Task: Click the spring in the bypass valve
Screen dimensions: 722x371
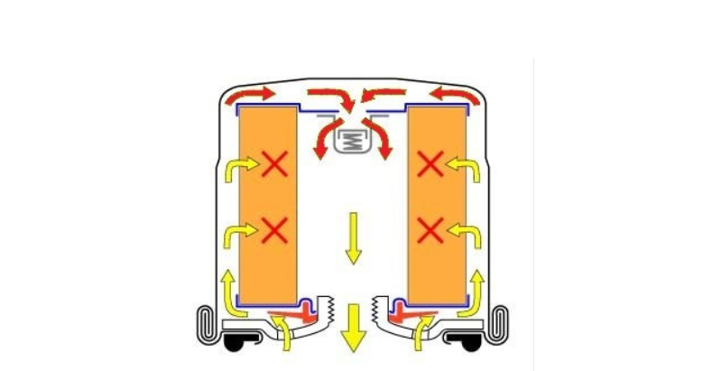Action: (x=354, y=141)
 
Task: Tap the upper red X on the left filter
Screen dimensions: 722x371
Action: (x=273, y=164)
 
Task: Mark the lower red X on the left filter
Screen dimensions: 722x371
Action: (x=273, y=230)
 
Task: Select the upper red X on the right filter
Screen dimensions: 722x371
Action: (x=431, y=164)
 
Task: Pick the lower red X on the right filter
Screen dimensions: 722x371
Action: (x=431, y=230)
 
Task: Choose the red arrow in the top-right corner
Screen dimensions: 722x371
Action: (x=454, y=94)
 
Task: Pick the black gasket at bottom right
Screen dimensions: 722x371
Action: (x=471, y=344)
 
